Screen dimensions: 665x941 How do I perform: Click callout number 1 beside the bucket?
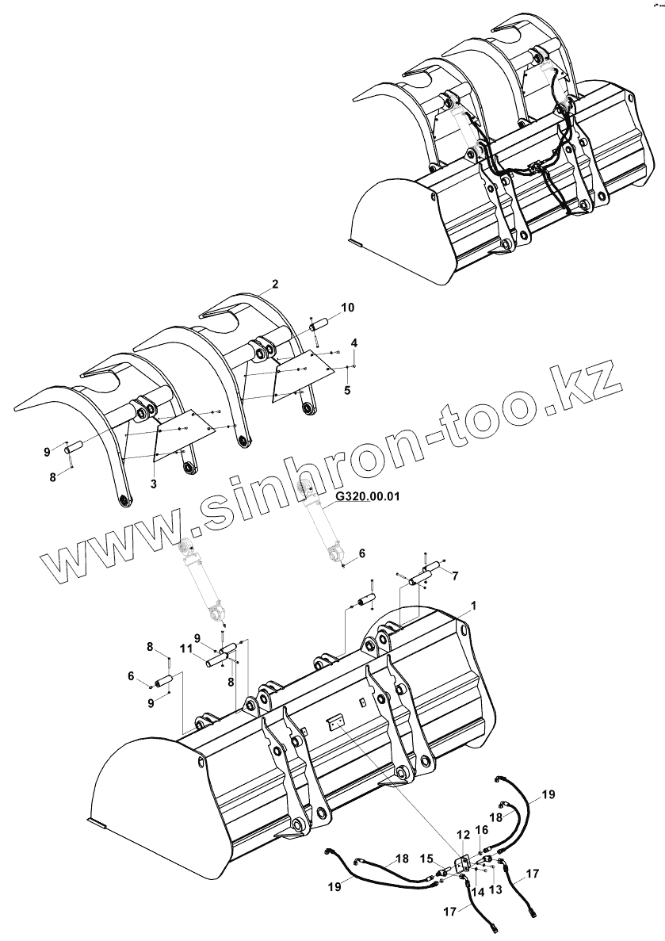473,606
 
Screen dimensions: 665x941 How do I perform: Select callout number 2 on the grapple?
274,283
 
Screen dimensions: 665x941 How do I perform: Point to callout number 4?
354,342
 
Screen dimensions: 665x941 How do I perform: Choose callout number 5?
347,390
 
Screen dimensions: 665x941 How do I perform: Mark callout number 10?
348,307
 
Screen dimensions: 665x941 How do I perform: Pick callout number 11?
185,649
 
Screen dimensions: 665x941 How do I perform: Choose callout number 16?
482,829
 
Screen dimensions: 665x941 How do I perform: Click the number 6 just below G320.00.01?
361,554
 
